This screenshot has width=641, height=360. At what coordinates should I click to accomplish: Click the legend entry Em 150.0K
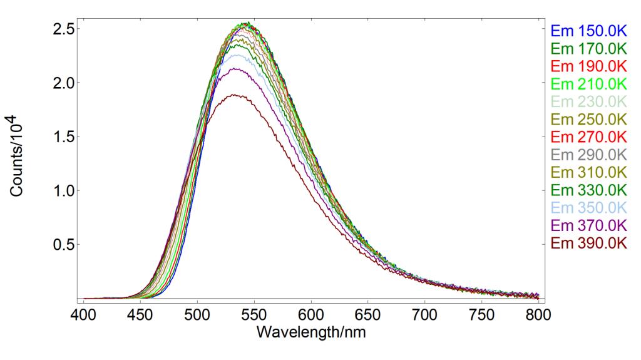pos(588,30)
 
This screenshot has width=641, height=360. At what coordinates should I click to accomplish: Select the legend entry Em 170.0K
pos(588,48)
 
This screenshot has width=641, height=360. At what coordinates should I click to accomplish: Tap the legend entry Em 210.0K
pos(588,83)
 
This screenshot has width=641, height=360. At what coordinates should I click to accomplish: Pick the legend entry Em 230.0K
pos(588,101)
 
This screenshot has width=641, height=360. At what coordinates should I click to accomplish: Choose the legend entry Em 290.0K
pos(588,154)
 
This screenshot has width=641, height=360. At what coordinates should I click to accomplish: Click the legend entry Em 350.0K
pos(588,207)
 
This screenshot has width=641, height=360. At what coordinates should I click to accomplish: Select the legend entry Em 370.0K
pos(588,225)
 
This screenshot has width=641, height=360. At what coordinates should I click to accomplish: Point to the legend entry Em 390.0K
pos(588,243)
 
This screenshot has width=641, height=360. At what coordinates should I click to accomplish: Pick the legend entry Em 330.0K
pos(588,190)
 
